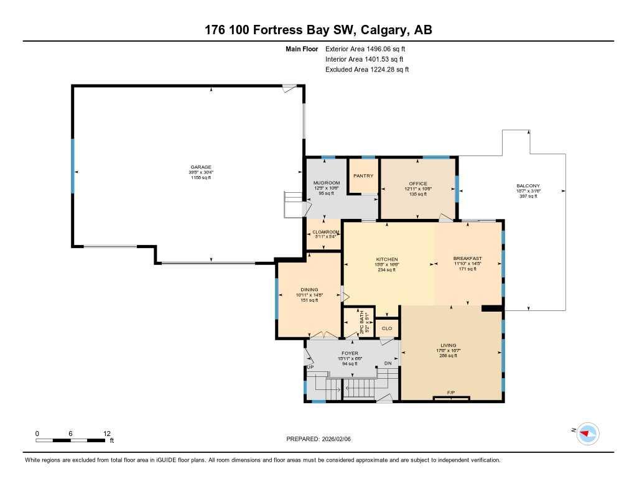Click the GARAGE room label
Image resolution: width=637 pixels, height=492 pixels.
[201, 167]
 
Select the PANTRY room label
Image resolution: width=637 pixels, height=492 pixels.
[363, 176]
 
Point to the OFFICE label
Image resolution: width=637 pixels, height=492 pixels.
[418, 183]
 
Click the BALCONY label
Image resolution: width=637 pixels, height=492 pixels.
[528, 185]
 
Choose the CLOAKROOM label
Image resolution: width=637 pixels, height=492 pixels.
[325, 232]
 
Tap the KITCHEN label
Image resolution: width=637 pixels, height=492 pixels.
[386, 259]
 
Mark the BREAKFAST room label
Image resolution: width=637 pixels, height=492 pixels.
[467, 258]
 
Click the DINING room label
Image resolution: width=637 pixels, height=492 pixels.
[309, 289]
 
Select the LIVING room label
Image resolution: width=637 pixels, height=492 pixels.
[448, 345]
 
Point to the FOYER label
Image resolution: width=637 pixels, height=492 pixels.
[350, 353]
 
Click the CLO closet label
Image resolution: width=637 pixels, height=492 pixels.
[386, 328]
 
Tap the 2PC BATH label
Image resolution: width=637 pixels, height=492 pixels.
[362, 323]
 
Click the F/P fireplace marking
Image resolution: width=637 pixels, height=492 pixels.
[451, 392]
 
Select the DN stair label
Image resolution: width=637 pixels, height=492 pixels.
[388, 363]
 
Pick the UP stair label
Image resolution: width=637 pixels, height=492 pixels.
[309, 368]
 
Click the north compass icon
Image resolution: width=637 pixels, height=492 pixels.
[588, 433]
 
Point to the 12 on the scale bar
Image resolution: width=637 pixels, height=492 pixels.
[106, 434]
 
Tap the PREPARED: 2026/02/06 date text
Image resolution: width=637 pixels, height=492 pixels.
[318, 439]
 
